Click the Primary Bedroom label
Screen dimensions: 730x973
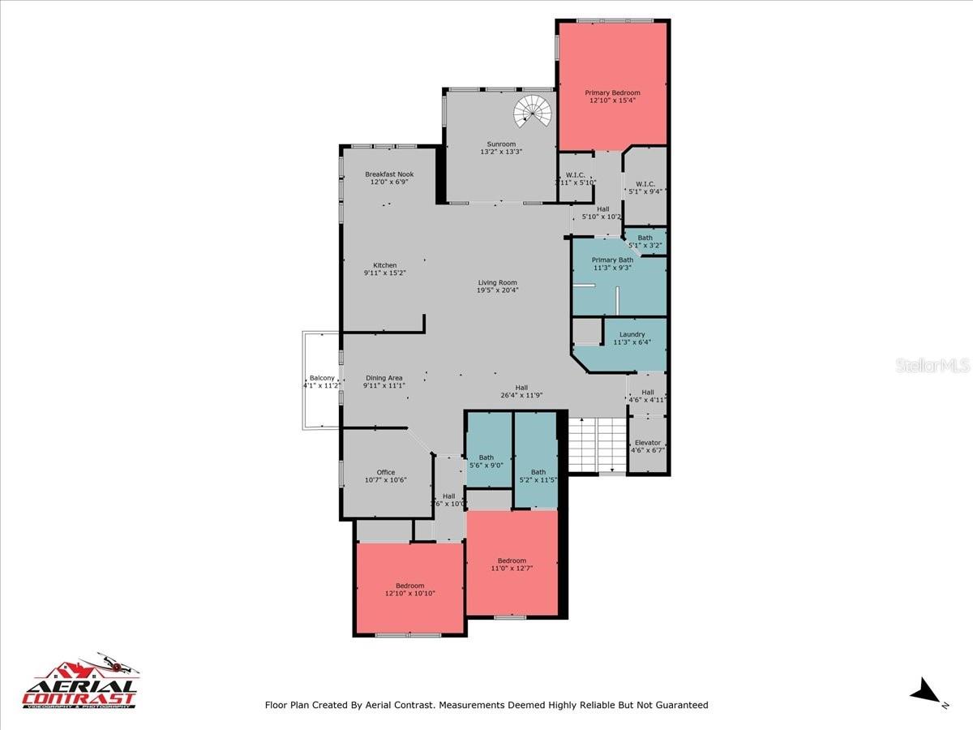pyautogui.click(x=612, y=93)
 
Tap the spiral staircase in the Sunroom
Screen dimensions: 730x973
pyautogui.click(x=532, y=112)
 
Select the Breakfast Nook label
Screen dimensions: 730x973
pyautogui.click(x=389, y=174)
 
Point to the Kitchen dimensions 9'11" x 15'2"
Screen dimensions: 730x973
pyautogui.click(x=384, y=273)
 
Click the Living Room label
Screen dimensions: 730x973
pyautogui.click(x=497, y=282)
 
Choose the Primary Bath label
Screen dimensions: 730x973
pyautogui.click(x=612, y=260)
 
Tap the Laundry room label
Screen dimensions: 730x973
pyautogui.click(x=632, y=334)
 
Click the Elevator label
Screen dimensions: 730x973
pyautogui.click(x=647, y=443)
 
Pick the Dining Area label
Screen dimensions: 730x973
pyautogui.click(x=384, y=378)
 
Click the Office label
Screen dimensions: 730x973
pyautogui.click(x=385, y=472)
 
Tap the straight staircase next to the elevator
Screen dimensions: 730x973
pyautogui.click(x=597, y=444)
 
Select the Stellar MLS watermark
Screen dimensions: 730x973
pyautogui.click(x=932, y=367)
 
